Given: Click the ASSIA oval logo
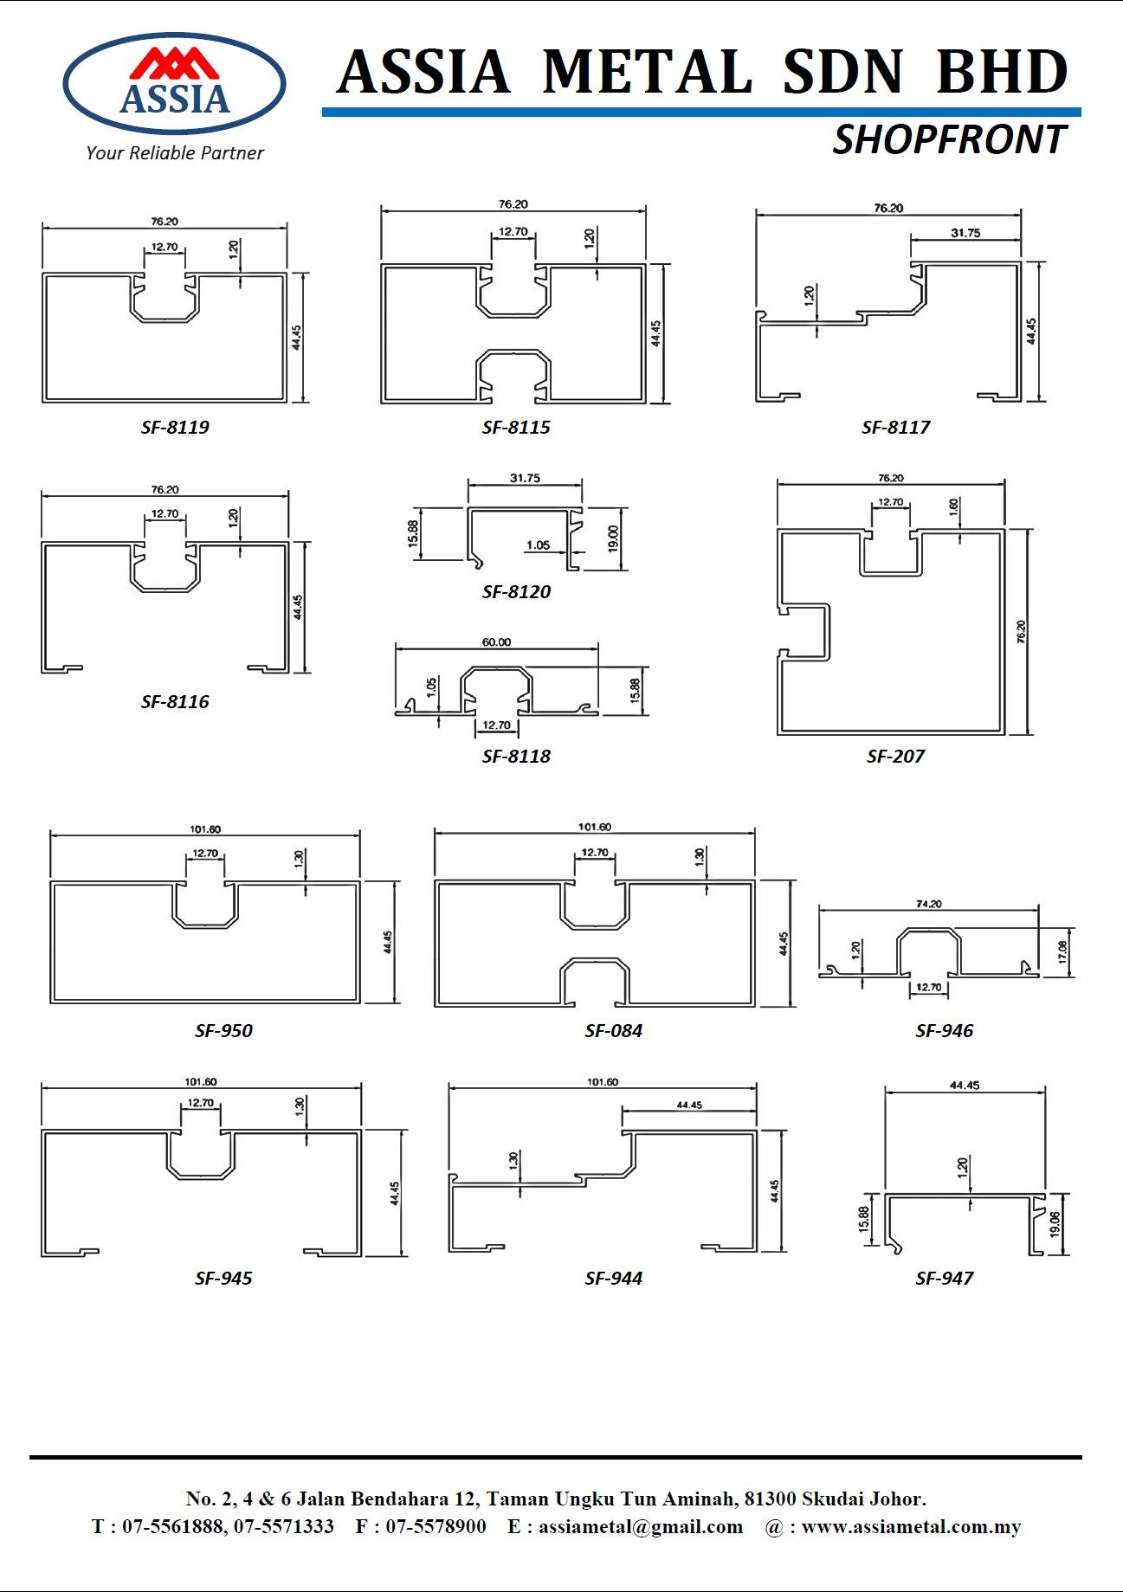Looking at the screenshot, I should click(174, 83).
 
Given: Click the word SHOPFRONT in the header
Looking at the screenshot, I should click(949, 140).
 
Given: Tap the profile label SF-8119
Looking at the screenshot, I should click(175, 427).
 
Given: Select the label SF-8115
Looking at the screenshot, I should click(516, 427).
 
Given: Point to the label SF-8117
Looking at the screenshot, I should click(895, 427).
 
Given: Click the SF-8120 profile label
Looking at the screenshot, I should click(516, 591).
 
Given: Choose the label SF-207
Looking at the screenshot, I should click(895, 756).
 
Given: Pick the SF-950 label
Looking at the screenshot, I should click(223, 1030).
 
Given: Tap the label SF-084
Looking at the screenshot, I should click(613, 1030).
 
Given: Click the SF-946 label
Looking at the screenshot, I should click(944, 1030).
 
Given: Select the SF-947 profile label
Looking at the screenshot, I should click(944, 1278).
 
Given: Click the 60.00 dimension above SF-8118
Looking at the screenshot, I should click(496, 642).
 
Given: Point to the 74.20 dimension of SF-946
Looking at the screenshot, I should click(928, 904).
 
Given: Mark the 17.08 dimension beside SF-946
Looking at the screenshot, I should click(1062, 952).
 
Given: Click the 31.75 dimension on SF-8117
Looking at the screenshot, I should click(965, 233).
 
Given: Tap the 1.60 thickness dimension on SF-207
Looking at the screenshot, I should click(953, 506).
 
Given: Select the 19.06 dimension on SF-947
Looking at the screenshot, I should click(1055, 1223).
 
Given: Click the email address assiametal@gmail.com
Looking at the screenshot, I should click(641, 1526).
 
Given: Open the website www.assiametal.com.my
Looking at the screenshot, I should click(911, 1526).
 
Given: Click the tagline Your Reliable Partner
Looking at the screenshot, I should click(175, 153).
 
